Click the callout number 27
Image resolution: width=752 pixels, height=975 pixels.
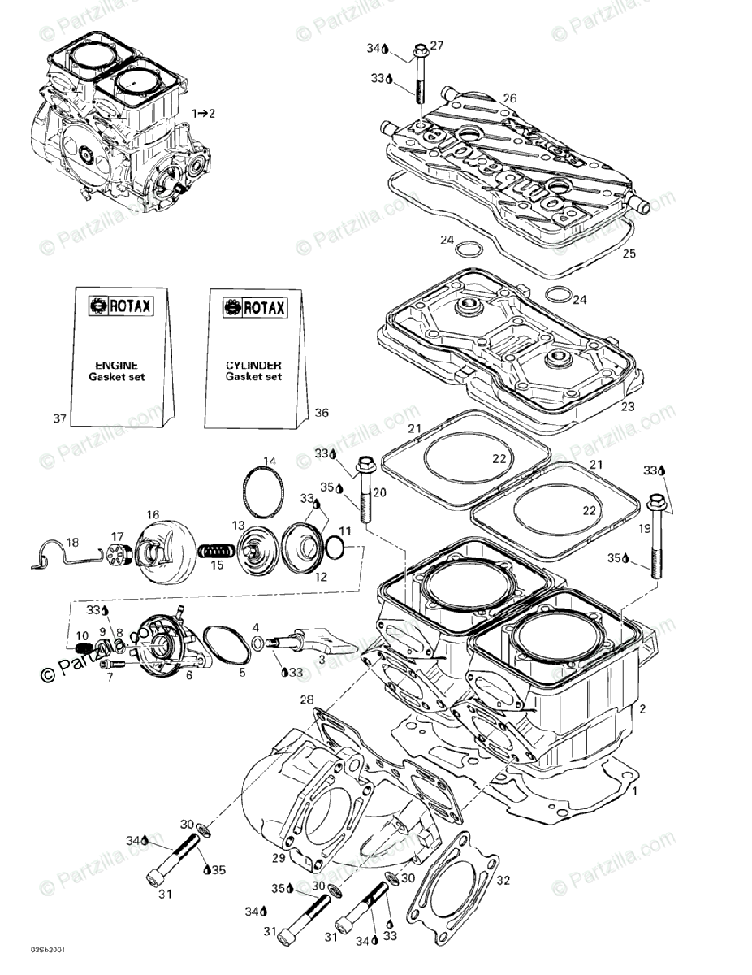point(436,46)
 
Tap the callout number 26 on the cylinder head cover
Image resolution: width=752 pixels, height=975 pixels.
point(509,98)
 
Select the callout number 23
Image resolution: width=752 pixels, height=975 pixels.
point(628,407)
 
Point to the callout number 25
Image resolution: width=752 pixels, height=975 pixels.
point(629,253)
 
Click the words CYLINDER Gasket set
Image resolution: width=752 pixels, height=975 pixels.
point(253,370)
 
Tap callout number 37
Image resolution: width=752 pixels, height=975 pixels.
point(59,418)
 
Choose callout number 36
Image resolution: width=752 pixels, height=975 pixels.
point(322,413)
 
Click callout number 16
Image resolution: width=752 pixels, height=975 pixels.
point(153,514)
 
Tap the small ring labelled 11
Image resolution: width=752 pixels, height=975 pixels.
point(335,551)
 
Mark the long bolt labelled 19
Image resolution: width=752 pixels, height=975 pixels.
point(655,536)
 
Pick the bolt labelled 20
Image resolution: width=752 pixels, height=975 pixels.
point(361,496)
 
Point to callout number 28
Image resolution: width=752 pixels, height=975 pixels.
point(306,700)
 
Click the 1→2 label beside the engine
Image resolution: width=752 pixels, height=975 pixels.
point(203,113)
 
